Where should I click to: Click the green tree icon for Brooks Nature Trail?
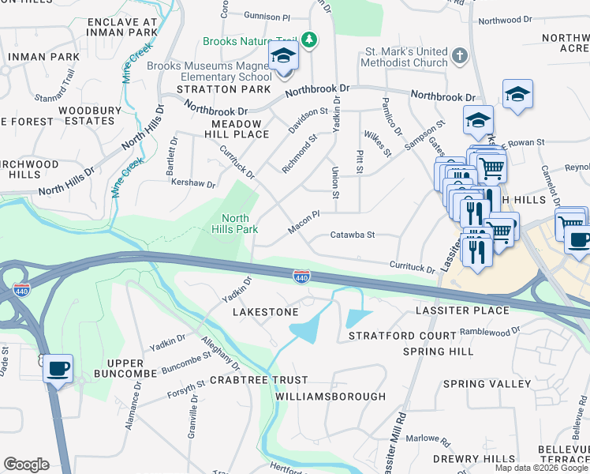click(311, 40)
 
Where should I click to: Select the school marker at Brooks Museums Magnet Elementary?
click(283, 58)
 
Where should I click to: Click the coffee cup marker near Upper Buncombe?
click(58, 368)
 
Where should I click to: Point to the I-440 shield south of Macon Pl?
click(301, 276)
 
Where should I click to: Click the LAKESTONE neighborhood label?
click(266, 312)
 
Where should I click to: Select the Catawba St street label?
click(352, 235)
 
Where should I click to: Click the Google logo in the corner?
click(26, 465)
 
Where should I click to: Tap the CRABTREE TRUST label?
click(248, 380)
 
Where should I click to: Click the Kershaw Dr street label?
click(192, 183)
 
